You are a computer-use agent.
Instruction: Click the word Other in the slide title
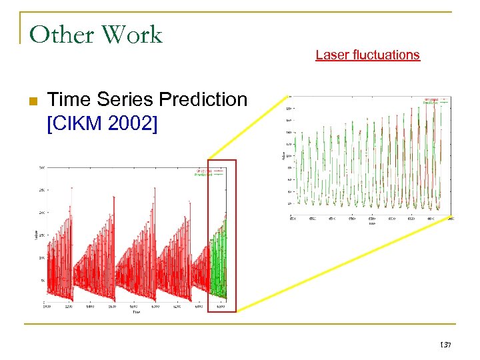[x=59, y=35]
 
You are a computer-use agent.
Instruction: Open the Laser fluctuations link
[x=367, y=55]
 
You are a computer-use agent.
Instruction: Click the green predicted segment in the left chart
[x=218, y=267]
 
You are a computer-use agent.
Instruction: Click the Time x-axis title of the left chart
[x=135, y=311]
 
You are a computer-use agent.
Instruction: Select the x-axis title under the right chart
[x=371, y=223]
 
